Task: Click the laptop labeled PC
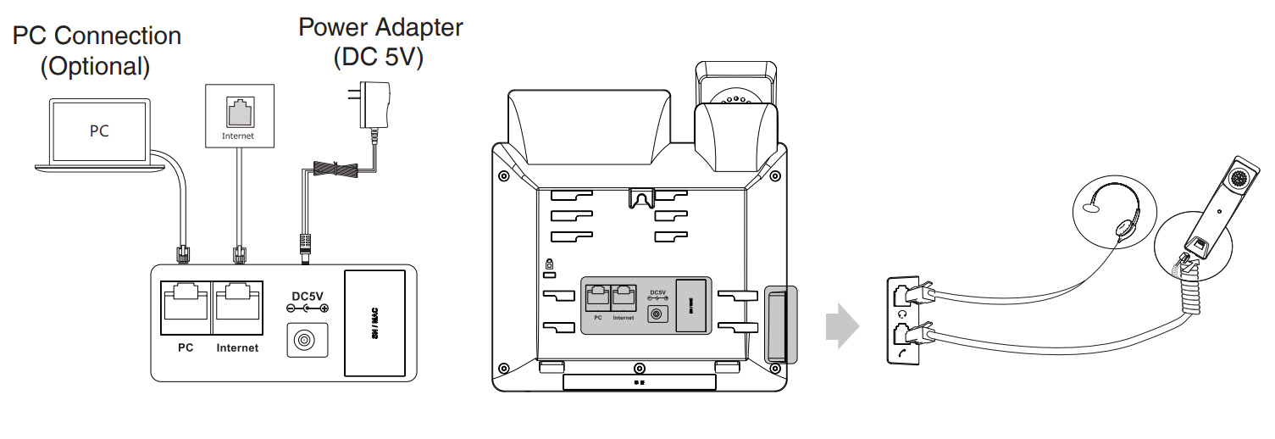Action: tap(100, 132)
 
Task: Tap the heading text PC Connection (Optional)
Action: tap(96, 51)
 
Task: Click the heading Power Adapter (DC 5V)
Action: tap(380, 42)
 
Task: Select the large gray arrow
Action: tap(842, 326)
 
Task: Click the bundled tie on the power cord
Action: tap(339, 169)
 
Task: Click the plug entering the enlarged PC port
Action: tap(182, 252)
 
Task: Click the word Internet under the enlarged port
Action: tap(237, 348)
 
